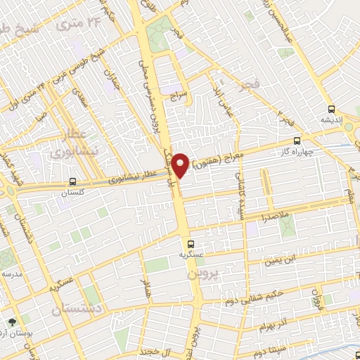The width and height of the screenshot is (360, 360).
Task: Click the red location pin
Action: tap(180, 166)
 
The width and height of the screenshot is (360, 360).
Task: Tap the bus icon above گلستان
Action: tap(73, 181)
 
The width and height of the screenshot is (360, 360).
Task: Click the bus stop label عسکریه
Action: tap(192, 256)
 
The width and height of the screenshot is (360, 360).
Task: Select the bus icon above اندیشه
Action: tap(331, 109)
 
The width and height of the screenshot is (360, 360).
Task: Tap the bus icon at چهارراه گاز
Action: tap(297, 141)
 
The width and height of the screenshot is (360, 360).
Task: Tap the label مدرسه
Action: tap(12, 273)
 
